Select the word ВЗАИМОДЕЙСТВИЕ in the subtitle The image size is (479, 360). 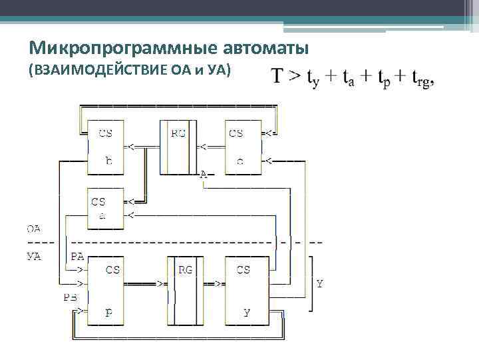click(100, 69)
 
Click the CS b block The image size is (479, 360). click(107, 147)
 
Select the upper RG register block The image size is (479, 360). click(178, 147)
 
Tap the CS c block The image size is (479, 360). click(242, 147)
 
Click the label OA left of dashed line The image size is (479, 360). click(33, 229)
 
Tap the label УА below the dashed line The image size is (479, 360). click(33, 257)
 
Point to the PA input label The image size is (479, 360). click(77, 256)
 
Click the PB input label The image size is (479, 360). click(71, 297)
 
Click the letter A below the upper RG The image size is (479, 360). click(204, 175)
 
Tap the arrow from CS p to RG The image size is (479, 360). click(148, 283)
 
